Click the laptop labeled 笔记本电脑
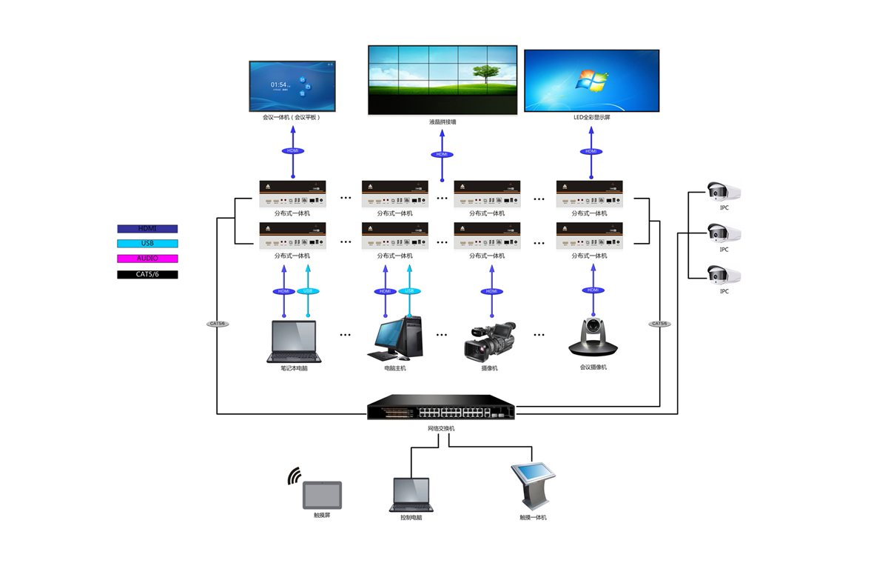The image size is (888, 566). [x=295, y=342]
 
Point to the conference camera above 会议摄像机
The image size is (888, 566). [x=593, y=336]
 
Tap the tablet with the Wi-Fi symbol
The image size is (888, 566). [x=322, y=495]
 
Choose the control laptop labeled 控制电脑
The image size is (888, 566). [x=410, y=494]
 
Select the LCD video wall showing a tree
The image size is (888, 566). [x=442, y=80]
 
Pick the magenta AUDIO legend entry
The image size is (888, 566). [x=147, y=259]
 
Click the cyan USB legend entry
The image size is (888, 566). [x=147, y=243]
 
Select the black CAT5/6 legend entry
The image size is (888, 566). [x=147, y=274]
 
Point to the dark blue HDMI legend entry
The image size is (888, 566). [x=147, y=229]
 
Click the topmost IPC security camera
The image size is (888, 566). [x=723, y=192]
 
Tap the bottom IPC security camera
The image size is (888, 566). [x=723, y=276]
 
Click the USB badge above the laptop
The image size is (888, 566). [x=307, y=291]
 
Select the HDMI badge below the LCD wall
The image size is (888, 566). [x=442, y=155]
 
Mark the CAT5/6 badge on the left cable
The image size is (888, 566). [x=218, y=324]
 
